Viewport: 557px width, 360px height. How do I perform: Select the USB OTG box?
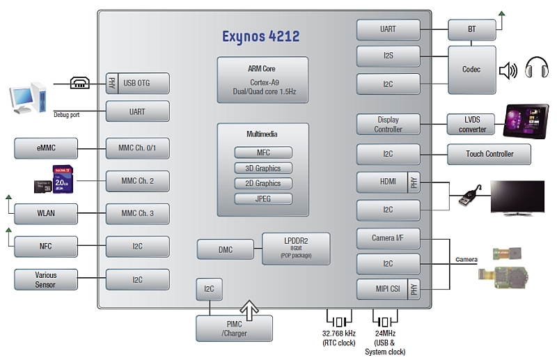pyautogui.click(x=137, y=84)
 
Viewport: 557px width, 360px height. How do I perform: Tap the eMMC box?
pyautogui.click(x=45, y=148)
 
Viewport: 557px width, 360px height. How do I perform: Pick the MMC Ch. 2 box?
pyautogui.click(x=137, y=181)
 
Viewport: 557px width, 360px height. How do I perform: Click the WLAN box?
pyautogui.click(x=45, y=214)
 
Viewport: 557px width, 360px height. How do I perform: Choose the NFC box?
pyautogui.click(x=45, y=246)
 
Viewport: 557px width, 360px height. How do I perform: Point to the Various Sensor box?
pyautogui.click(x=45, y=279)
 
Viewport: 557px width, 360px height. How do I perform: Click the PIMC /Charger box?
pyautogui.click(x=234, y=329)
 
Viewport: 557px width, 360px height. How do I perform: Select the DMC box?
pyautogui.click(x=225, y=249)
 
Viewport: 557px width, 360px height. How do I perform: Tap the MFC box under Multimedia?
pyautogui.click(x=262, y=153)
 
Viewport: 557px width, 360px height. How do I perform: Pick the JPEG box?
pyautogui.click(x=262, y=199)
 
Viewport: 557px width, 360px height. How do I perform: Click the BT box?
pyautogui.click(x=471, y=29)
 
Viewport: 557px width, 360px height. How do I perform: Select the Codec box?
pyautogui.click(x=471, y=70)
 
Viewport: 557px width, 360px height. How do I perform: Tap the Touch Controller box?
pyautogui.click(x=489, y=154)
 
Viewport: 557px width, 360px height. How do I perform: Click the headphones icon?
pyautogui.click(x=537, y=69)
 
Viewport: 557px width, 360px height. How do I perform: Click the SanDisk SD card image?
pyautogui.click(x=63, y=178)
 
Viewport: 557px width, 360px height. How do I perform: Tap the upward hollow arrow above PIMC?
pyautogui.click(x=249, y=308)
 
